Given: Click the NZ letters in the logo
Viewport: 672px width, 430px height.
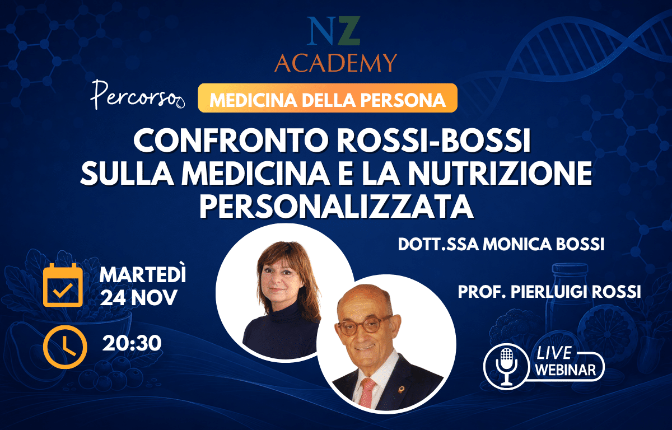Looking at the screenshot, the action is (x=333, y=31).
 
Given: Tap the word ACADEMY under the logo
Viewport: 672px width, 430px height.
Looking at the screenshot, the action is (x=335, y=63).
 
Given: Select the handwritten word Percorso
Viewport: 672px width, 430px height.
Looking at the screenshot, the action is (x=137, y=95).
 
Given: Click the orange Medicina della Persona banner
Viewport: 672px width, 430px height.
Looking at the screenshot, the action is (x=328, y=98).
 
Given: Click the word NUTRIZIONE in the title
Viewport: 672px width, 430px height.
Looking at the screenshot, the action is (x=500, y=174).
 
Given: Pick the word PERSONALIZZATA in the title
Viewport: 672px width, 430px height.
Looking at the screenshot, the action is (x=337, y=206).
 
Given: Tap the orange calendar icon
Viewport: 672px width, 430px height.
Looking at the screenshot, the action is (x=63, y=285).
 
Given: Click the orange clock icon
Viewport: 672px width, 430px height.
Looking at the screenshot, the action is (x=65, y=347).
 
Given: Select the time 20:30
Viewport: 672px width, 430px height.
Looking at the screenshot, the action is (x=132, y=343).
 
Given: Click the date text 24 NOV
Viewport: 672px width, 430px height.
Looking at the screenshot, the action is (x=139, y=297).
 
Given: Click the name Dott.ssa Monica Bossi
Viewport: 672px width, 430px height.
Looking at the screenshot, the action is (x=501, y=244).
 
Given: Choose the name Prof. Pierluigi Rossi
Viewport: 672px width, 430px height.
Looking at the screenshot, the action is (x=549, y=292).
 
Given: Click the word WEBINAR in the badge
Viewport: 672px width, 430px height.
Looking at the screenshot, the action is (x=566, y=370).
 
